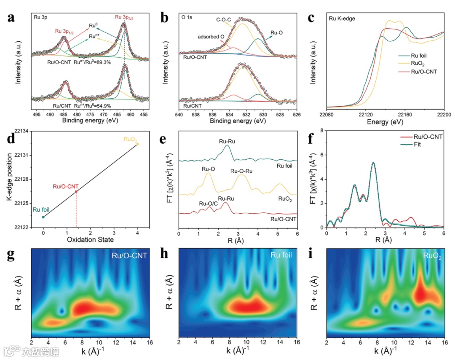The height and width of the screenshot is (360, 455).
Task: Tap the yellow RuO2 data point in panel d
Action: point(138,144)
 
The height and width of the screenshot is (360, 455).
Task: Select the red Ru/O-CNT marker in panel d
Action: point(76,192)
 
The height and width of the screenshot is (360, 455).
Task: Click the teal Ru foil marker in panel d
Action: point(43,217)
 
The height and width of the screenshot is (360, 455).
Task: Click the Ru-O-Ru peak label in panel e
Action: point(242,171)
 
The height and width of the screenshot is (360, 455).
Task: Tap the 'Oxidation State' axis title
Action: point(90,240)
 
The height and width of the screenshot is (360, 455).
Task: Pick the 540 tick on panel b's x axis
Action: point(179,115)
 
